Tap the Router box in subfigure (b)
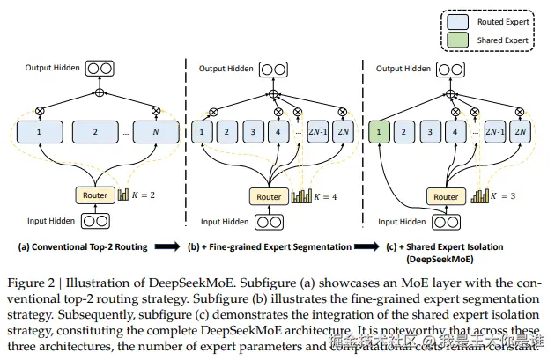pos(268,197)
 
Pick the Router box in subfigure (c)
pos(446,197)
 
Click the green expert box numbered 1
pos(380,133)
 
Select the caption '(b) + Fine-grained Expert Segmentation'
pos(270,248)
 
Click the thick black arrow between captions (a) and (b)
pos(167,248)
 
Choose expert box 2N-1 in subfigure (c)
pos(495,133)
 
